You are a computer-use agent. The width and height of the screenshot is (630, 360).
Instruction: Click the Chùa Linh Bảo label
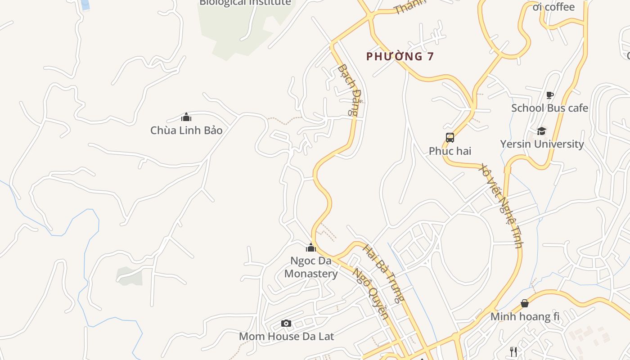(186, 130)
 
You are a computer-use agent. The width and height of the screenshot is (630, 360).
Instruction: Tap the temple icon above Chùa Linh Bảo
(186, 117)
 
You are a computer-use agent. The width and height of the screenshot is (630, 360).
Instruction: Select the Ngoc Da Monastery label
(311, 267)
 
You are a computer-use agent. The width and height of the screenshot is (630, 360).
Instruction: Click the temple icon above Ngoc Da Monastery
(311, 247)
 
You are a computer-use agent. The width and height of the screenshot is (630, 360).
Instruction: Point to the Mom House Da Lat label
(286, 336)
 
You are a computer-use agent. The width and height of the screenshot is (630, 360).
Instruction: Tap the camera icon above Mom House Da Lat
(286, 323)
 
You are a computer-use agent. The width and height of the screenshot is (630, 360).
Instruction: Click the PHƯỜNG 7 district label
(400, 57)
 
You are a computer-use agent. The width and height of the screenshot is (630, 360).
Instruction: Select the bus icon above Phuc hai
(450, 138)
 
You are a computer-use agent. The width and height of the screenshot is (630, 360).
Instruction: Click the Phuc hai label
(450, 151)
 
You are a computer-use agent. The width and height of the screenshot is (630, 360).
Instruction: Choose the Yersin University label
(542, 144)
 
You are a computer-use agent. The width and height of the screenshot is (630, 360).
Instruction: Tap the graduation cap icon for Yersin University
(541, 131)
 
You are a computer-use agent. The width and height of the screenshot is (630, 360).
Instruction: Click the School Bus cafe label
(549, 108)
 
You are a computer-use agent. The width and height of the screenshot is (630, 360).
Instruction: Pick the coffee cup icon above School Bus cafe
(549, 95)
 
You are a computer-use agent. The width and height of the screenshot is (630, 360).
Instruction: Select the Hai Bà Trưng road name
(384, 273)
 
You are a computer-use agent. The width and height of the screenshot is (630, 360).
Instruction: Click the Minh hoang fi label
(525, 316)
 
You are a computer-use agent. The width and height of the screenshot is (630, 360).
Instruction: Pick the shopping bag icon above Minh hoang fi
(525, 303)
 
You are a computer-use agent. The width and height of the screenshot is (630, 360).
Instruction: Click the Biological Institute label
(245, 3)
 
